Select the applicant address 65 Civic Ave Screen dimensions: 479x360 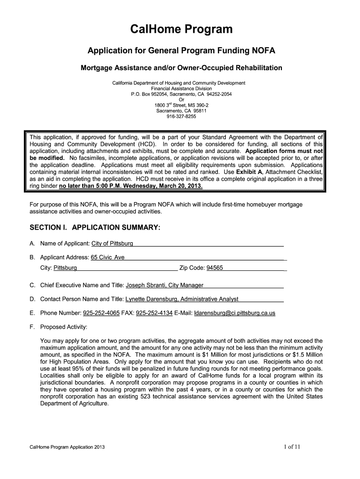click(x=108, y=257)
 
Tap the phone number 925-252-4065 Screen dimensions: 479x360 click(x=101, y=312)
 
